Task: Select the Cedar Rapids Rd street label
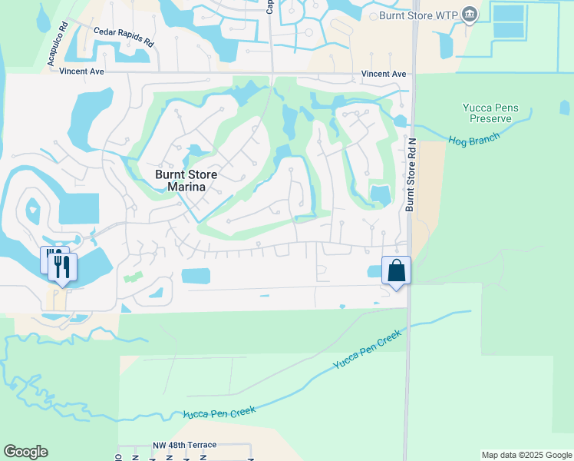pos(124,37)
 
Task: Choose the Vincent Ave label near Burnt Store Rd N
pos(384,74)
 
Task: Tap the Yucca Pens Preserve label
pos(490,114)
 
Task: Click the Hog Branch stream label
pos(473,139)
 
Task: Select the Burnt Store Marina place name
pos(186,181)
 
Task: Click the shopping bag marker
pos(396,271)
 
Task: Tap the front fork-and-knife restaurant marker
pos(61,267)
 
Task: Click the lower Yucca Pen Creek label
pos(219,413)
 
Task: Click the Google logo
pos(25,452)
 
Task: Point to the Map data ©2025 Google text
pos(526,455)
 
